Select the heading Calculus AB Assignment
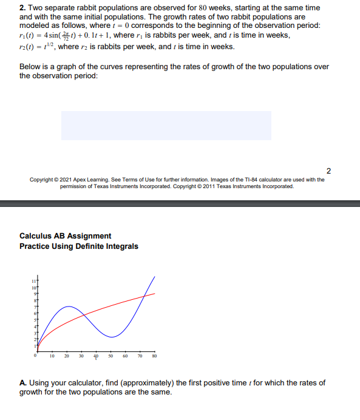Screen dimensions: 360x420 point(65,236)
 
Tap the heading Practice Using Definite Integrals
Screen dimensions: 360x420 point(78,246)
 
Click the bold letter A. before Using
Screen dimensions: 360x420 point(22,383)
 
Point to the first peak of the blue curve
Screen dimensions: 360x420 point(68,307)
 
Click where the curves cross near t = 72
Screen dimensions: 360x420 point(144,296)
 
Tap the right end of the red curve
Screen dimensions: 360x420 point(155,293)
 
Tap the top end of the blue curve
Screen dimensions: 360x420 point(155,276)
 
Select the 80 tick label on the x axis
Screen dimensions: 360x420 point(155,357)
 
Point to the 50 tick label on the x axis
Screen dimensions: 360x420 point(110,357)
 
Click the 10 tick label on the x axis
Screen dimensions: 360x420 point(52,357)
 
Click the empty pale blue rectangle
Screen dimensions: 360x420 point(166,126)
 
